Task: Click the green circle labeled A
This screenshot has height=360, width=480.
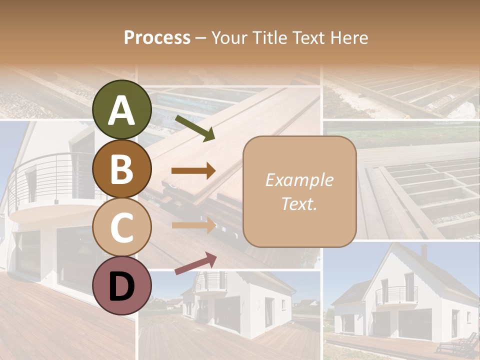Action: coord(122,109)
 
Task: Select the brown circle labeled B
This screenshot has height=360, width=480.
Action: coord(122,168)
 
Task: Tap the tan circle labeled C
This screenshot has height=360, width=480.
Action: coord(122,227)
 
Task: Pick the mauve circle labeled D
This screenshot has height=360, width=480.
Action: coord(122,286)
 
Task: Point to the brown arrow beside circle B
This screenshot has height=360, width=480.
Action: coord(193,171)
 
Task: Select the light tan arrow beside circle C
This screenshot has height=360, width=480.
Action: coord(193,225)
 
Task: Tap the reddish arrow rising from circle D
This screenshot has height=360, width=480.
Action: coord(195,263)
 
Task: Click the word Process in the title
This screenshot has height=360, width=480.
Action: coord(157,37)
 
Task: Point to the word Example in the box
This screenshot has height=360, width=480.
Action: coord(299,180)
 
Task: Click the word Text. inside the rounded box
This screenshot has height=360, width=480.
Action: coord(299,203)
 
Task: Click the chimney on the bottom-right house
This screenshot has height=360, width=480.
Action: coord(424,250)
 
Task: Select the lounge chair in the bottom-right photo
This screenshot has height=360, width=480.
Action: coord(457,344)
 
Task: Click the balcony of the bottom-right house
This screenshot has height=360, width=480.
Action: coord(396,295)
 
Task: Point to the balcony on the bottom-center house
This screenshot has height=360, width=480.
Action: coord(210,282)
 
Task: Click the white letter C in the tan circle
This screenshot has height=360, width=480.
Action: coord(122,227)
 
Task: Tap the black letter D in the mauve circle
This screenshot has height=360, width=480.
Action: coord(122,286)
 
